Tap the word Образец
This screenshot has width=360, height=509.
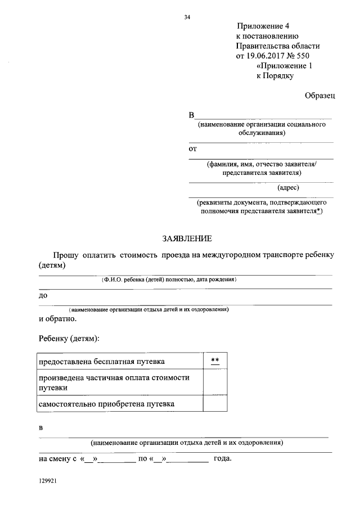320,96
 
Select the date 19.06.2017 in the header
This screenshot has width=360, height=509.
267,56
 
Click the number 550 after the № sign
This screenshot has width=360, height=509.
303,56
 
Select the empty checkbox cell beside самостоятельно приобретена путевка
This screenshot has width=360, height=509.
215,404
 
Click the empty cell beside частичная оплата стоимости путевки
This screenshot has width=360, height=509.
215,382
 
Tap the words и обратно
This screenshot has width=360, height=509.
57,318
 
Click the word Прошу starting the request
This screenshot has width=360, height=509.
66,255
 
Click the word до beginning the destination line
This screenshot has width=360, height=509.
43,295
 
